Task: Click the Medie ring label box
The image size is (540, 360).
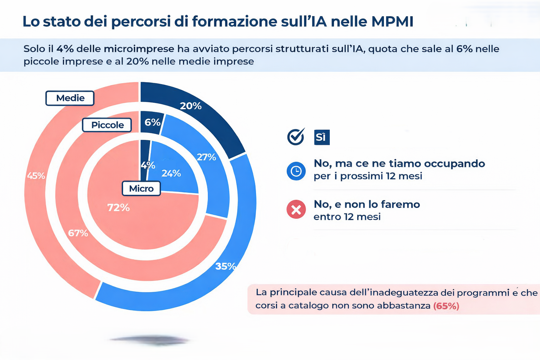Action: [x=70, y=98]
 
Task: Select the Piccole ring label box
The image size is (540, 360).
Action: [x=107, y=125]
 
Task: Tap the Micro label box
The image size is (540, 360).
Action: [x=141, y=188]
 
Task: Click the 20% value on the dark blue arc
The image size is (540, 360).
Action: [x=191, y=106]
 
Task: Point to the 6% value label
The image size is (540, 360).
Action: [x=152, y=122]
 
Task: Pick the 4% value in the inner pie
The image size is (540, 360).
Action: [x=148, y=165]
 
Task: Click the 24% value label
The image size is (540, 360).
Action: [x=171, y=173]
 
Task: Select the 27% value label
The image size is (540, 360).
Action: [x=206, y=157]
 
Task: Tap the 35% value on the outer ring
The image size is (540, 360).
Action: [x=225, y=266]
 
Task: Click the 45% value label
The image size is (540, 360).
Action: [x=36, y=176]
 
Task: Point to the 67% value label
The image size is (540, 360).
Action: [x=78, y=233]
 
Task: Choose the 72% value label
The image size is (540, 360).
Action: [x=118, y=208]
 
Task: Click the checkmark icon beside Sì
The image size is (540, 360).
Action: [x=296, y=136]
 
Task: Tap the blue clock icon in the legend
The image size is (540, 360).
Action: [x=296, y=171]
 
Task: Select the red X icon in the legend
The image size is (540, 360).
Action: [x=296, y=210]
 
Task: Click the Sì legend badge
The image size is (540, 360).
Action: [x=321, y=137]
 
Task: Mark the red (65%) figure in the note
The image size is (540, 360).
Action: [x=446, y=306]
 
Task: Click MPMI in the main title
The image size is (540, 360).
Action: [x=392, y=21]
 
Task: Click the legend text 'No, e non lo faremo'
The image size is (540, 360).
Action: [x=367, y=204]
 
